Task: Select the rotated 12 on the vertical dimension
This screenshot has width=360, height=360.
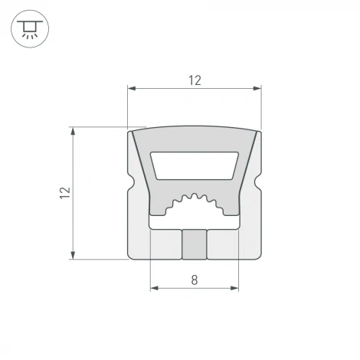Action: [x=64, y=192]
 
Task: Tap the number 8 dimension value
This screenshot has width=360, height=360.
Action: [x=194, y=281]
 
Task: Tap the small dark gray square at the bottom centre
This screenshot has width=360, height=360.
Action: [x=194, y=244]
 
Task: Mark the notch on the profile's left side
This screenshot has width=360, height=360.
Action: [x=130, y=188]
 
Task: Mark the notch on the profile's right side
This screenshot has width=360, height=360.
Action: [x=258, y=188]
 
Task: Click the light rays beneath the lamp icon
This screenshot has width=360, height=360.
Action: [x=29, y=37]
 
